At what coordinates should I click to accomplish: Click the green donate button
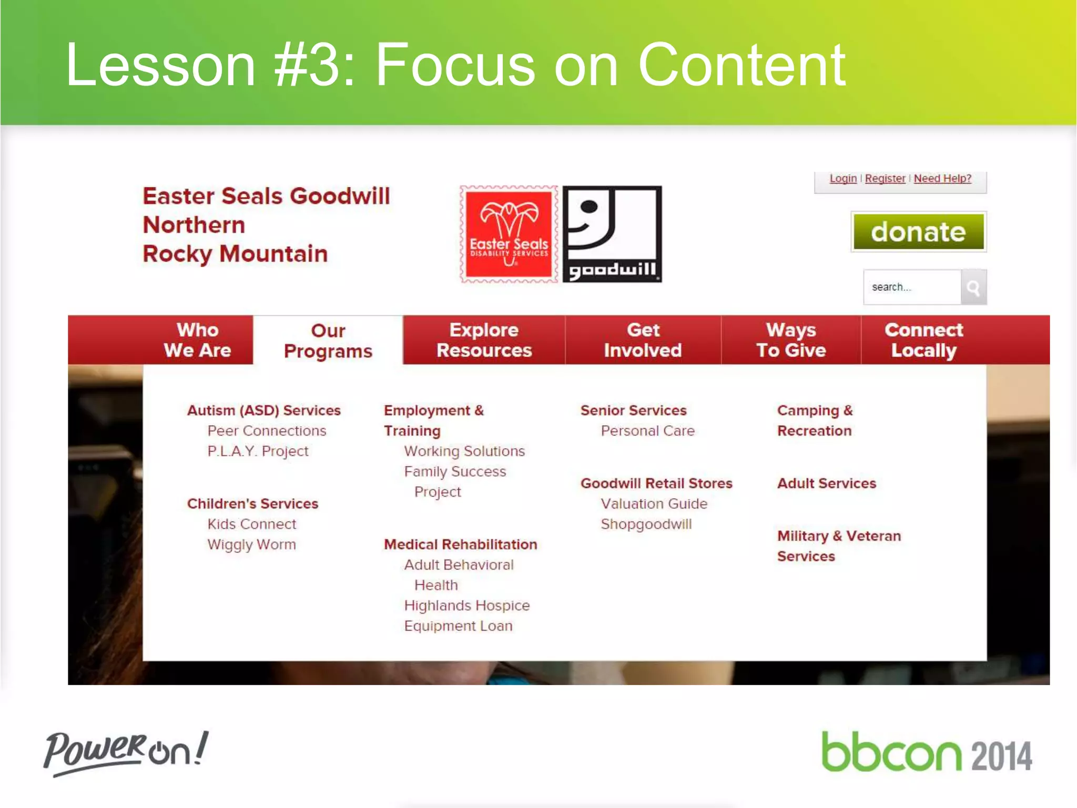(x=918, y=231)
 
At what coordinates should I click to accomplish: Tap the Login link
(x=843, y=178)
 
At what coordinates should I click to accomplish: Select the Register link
(x=885, y=178)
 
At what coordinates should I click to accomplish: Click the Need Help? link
(x=942, y=178)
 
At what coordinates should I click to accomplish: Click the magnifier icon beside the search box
(x=973, y=287)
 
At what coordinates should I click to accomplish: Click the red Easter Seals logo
(x=509, y=234)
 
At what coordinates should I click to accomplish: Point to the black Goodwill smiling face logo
(x=612, y=234)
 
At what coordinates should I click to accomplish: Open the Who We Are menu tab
(x=197, y=340)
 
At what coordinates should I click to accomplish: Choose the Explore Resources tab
(x=484, y=340)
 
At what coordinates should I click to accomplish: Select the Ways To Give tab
(x=791, y=340)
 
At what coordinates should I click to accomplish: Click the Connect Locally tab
(x=923, y=340)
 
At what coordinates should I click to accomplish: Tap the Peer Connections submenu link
(x=267, y=431)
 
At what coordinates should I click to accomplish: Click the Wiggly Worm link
(x=251, y=544)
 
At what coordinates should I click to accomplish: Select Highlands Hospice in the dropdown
(x=466, y=605)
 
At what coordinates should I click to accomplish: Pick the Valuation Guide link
(x=654, y=504)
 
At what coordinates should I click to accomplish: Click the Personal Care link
(x=647, y=431)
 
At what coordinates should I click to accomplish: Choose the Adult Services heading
(x=827, y=483)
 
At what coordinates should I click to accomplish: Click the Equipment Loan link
(x=458, y=626)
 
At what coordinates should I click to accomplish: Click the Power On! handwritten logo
(x=126, y=753)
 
